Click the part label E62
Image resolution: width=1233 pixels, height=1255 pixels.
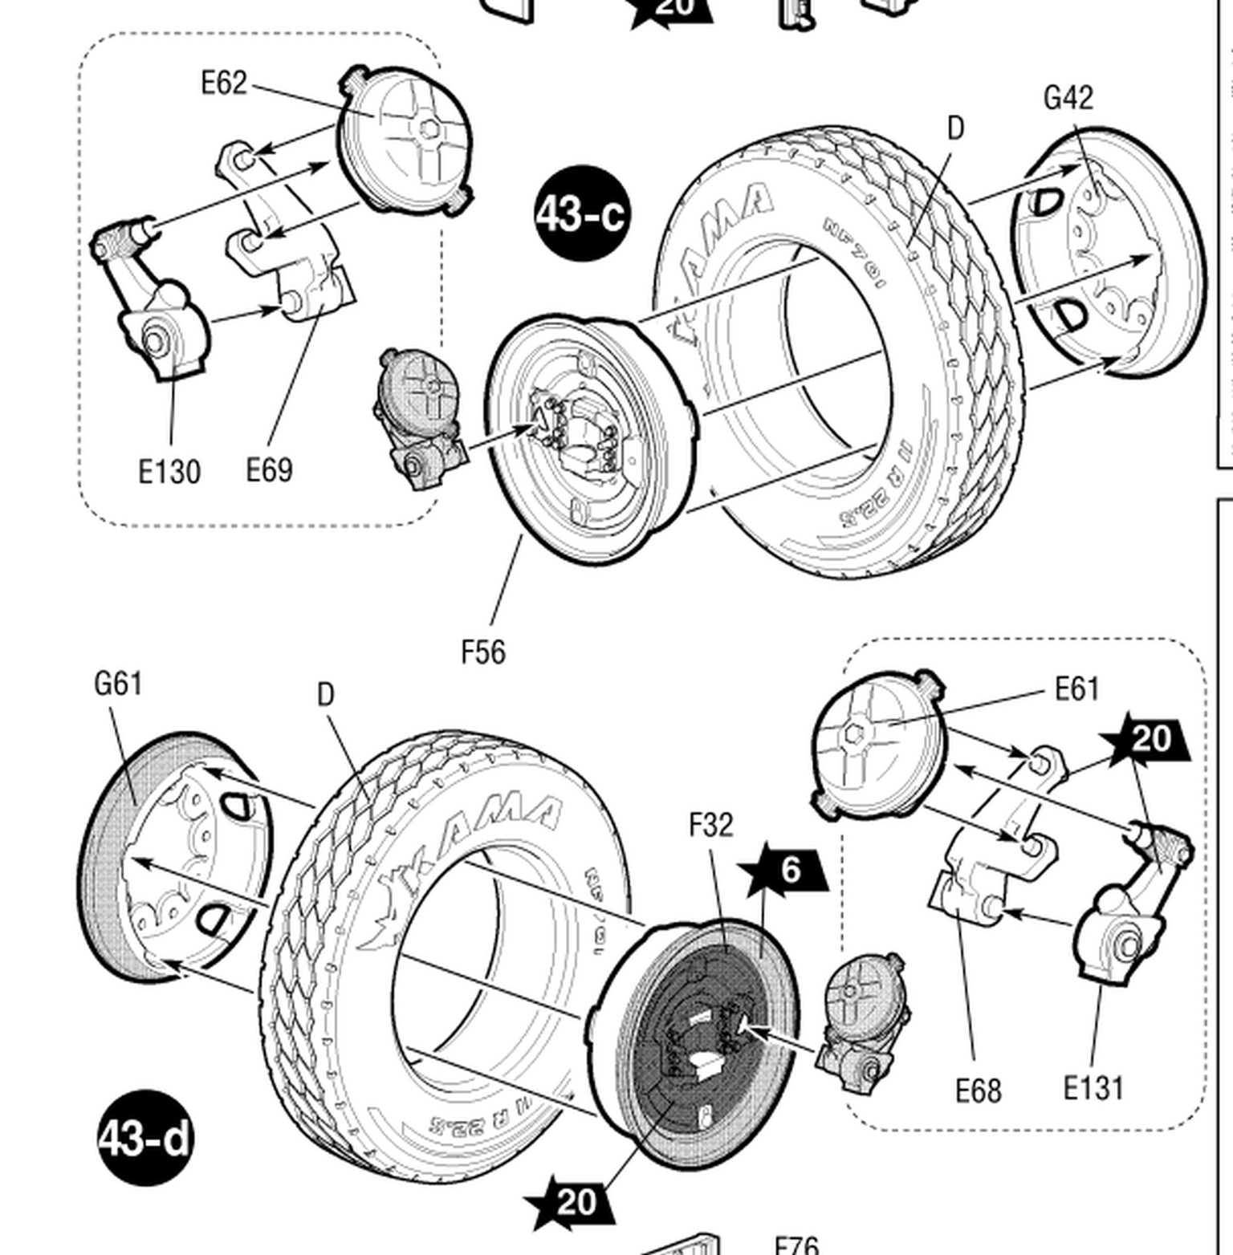pyautogui.click(x=224, y=83)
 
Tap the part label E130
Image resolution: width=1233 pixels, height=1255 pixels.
pyautogui.click(x=169, y=472)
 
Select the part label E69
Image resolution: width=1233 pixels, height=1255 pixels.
pyautogui.click(x=269, y=470)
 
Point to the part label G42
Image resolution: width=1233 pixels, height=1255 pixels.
pyautogui.click(x=1068, y=98)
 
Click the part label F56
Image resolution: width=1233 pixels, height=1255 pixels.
pyautogui.click(x=483, y=652)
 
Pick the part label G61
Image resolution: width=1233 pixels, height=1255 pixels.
pyautogui.click(x=118, y=684)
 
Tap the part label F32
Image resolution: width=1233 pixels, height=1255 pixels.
pyautogui.click(x=711, y=825)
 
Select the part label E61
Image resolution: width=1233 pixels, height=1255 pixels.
pyautogui.click(x=1076, y=688)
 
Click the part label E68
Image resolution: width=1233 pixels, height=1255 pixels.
pyautogui.click(x=978, y=1091)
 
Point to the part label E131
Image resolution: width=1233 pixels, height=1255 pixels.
pyautogui.click(x=1093, y=1089)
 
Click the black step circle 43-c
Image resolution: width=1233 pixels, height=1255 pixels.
pyautogui.click(x=581, y=213)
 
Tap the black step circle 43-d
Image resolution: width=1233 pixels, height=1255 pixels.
pyautogui.click(x=146, y=1138)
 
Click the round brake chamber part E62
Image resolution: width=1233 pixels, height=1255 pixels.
pyautogui.click(x=405, y=140)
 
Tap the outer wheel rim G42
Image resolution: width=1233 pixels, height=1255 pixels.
pyautogui.click(x=1112, y=253)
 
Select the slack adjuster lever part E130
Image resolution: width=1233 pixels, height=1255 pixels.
pyautogui.click(x=153, y=305)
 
